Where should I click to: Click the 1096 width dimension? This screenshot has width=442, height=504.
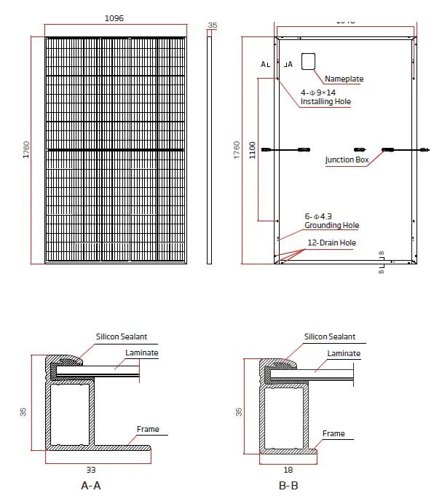pyautogui.click(x=114, y=17)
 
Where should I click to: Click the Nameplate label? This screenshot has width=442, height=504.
pyautogui.click(x=344, y=79)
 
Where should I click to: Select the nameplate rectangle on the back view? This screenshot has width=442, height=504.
pyautogui.click(x=309, y=61)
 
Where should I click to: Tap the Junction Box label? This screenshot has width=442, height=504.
pyautogui.click(x=347, y=160)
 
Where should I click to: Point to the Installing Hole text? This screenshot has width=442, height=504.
pyautogui.click(x=325, y=102)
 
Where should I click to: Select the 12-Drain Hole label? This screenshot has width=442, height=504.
pyautogui.click(x=331, y=243)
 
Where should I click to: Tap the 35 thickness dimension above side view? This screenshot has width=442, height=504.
pyautogui.click(x=212, y=25)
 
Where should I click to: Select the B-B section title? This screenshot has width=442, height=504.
pyautogui.click(x=288, y=485)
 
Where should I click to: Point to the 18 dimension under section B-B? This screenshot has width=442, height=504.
pyautogui.click(x=289, y=470)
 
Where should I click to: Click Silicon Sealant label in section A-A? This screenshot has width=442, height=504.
pyautogui.click(x=122, y=337)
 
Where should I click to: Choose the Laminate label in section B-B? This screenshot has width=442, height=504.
pyautogui.click(x=343, y=353)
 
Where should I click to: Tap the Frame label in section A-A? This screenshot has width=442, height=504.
pyautogui.click(x=148, y=430)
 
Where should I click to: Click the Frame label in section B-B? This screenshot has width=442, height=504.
pyautogui.click(x=334, y=434)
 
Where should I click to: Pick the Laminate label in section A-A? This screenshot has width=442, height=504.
pyautogui.click(x=141, y=353)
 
